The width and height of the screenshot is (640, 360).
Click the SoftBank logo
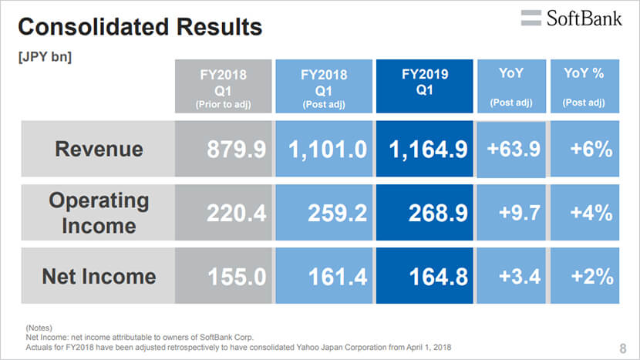coord(571,19)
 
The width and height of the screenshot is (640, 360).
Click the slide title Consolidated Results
coord(140,27)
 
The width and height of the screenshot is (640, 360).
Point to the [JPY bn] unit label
coord(45,57)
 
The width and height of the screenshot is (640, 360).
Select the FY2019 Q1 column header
coord(425,86)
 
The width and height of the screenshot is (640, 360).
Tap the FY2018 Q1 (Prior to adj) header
coord(224,86)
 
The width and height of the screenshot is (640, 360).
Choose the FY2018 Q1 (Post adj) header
coord(324,86)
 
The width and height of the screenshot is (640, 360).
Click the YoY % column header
coord(584,86)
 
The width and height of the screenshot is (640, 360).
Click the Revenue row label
coord(99,149)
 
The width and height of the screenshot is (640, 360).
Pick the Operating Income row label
coord(99,213)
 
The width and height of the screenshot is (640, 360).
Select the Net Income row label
coord(99,276)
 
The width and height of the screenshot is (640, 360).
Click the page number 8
coord(623,348)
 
